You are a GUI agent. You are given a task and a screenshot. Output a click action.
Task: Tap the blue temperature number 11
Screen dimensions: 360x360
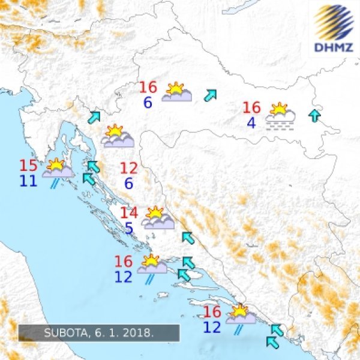click(28, 181)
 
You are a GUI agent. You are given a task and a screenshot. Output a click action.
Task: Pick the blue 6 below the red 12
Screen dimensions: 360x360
click(128, 184)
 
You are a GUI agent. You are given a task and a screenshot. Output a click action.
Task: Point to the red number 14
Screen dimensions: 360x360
click(129, 213)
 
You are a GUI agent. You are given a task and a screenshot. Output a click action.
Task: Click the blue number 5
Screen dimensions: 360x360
click(130, 229)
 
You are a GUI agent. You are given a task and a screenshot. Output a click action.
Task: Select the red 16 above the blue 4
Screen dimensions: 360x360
click(251, 108)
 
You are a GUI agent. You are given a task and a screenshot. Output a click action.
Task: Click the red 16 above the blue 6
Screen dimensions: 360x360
click(148, 88)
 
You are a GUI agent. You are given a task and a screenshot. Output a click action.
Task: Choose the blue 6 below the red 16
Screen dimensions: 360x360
click(148, 103)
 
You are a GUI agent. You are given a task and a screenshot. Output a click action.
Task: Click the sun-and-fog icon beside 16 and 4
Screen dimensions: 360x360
click(280, 116)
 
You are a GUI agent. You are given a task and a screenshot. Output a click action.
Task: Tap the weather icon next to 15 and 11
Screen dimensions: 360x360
click(58, 170)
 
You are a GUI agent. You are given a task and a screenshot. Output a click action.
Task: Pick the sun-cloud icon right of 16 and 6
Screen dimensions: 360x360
click(176, 92)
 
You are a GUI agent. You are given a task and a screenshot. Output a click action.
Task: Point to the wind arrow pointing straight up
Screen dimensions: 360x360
click(314, 116)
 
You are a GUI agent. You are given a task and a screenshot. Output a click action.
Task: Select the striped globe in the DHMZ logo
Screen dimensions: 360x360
click(334, 21)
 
